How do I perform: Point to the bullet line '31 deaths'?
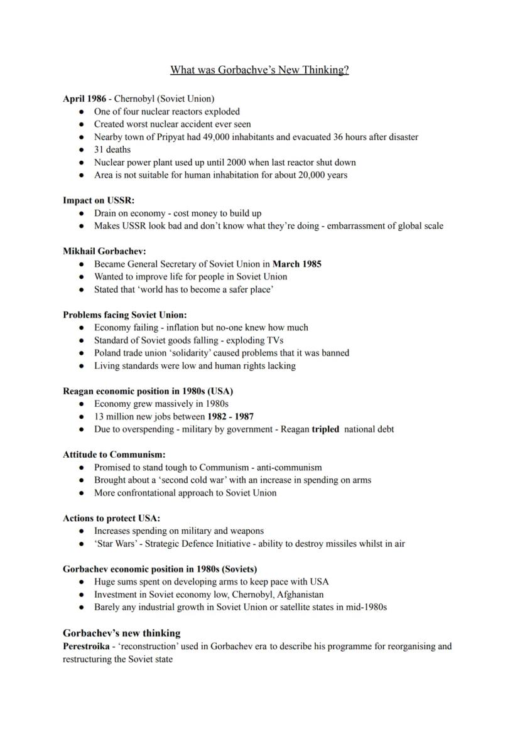pos(112,149)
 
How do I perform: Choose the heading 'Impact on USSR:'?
pos(99,200)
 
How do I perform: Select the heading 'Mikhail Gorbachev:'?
pos(104,251)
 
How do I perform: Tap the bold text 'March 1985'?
pos(296,264)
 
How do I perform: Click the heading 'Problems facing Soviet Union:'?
pos(124,315)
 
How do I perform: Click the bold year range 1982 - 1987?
pos(230,416)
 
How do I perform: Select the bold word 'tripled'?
pos(325,429)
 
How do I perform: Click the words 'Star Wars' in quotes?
pos(114,544)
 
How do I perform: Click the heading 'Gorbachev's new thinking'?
pos(121,633)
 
